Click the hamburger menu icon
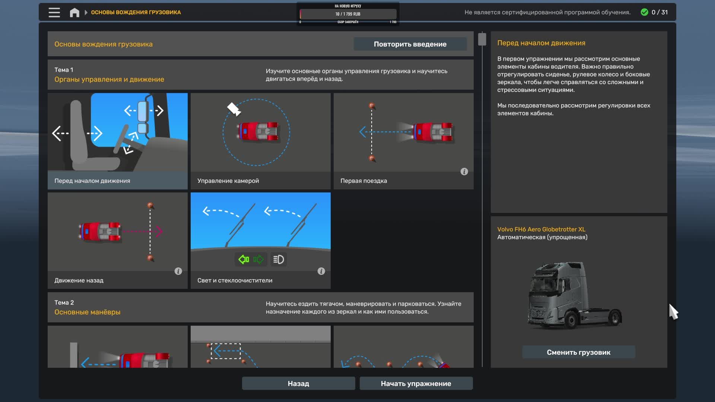(54, 12)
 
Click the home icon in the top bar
(74, 13)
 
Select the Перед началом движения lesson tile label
(92, 181)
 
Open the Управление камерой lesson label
(228, 181)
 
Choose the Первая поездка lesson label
(363, 181)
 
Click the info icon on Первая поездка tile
(464, 172)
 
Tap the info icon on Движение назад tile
(178, 271)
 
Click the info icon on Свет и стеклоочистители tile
(321, 271)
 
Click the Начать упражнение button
(416, 383)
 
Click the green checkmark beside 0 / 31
(644, 12)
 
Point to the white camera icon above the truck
(234, 109)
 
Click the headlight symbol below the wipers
(279, 259)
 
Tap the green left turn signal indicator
(244, 259)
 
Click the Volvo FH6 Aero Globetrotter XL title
(541, 229)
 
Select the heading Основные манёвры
(88, 312)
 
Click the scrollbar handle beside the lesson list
(482, 39)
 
